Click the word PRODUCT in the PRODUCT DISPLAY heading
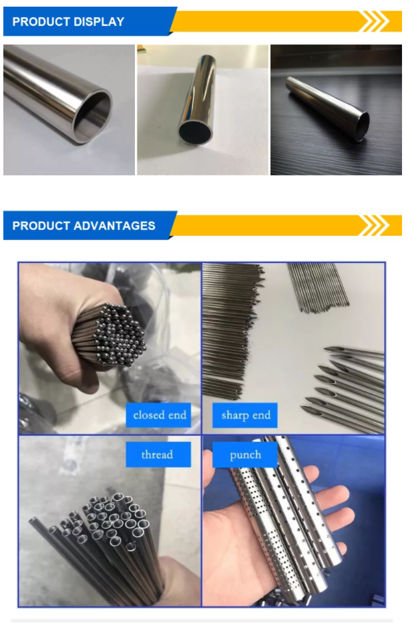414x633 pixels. coord(41,21)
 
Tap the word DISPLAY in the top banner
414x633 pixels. coord(98,21)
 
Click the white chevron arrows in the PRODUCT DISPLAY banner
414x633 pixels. coord(374,21)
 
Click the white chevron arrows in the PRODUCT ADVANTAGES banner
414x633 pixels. coord(374,225)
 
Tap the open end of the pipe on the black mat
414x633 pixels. coord(363,126)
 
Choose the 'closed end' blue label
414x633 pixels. coord(159,415)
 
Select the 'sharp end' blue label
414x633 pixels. coord(245,415)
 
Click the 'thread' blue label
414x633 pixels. coord(158,454)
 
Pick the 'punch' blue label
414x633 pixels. coord(245,454)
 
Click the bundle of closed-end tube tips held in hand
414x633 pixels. coord(118,335)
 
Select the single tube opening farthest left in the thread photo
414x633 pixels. coord(34,520)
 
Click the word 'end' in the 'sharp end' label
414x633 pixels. coord(261,415)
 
